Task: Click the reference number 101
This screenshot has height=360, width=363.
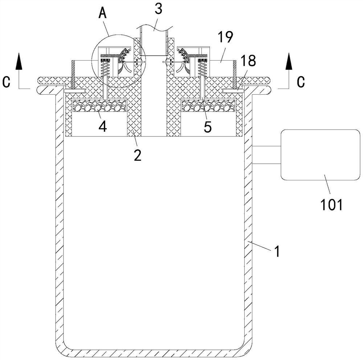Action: click(x=331, y=205)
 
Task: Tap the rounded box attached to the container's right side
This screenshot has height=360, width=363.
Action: click(x=321, y=155)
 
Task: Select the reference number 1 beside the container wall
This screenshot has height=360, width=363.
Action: click(x=277, y=251)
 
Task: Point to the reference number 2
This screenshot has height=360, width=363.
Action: click(x=138, y=155)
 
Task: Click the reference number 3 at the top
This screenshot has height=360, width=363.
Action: click(x=159, y=10)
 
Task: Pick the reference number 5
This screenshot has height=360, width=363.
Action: click(x=207, y=127)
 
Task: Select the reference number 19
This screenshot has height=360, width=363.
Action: click(x=225, y=37)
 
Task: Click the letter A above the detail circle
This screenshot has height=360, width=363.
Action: click(x=102, y=13)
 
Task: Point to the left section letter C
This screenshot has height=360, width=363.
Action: click(x=6, y=82)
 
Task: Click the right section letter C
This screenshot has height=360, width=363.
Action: click(x=301, y=82)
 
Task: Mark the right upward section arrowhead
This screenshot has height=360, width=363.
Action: click(x=289, y=61)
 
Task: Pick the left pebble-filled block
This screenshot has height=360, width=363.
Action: click(x=100, y=105)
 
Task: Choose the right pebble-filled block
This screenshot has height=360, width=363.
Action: click(x=208, y=105)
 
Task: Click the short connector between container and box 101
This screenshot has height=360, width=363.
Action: click(x=266, y=155)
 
